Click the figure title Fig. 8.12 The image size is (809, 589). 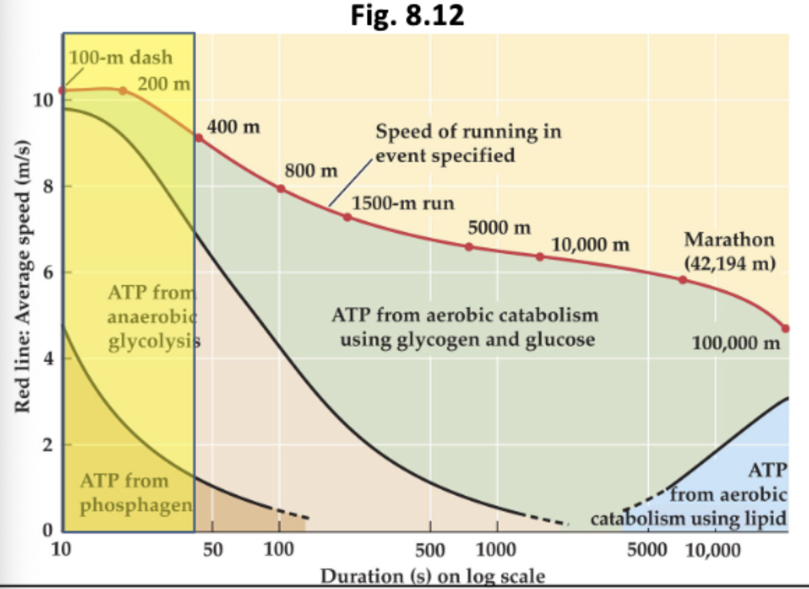point(407,16)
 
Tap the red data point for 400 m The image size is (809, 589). point(199,138)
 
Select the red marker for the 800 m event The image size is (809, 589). point(281,188)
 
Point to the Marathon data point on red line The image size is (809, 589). point(683,280)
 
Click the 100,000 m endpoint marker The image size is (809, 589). point(785,329)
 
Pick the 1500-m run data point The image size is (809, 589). point(347,217)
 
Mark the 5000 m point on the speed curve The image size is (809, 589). point(469,247)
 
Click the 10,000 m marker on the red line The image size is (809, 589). point(540,256)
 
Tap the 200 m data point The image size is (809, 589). point(123,90)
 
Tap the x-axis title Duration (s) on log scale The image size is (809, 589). point(432,576)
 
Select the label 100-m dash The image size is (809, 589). point(120,58)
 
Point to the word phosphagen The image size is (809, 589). point(136,505)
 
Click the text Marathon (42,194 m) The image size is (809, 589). point(729,251)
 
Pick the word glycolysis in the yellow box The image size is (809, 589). point(154,341)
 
